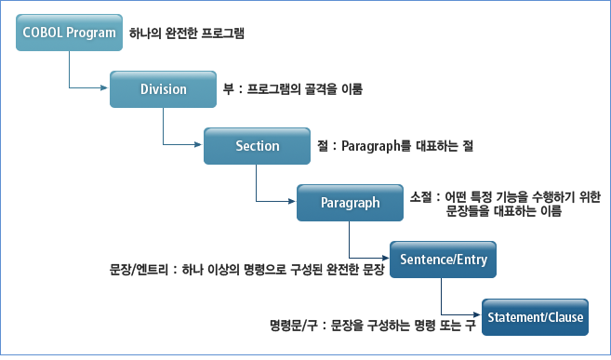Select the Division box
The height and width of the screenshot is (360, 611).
(x=163, y=89)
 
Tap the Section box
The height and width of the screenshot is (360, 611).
(x=257, y=146)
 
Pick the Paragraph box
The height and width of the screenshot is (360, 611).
(x=350, y=203)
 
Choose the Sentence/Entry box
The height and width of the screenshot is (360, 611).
(x=443, y=260)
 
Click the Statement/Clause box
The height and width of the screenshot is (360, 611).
(x=535, y=317)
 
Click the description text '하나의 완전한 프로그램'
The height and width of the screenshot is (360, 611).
(x=186, y=33)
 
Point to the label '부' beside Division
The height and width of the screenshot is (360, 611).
(x=229, y=90)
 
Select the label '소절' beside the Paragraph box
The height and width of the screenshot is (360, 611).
(x=420, y=196)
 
